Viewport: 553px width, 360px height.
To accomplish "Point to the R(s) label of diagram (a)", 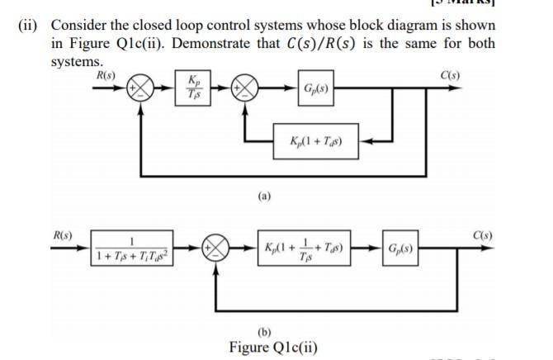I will coord(105,73).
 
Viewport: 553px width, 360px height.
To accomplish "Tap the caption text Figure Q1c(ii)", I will coord(273,347).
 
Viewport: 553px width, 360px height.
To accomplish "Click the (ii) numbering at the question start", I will coord(31,25).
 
